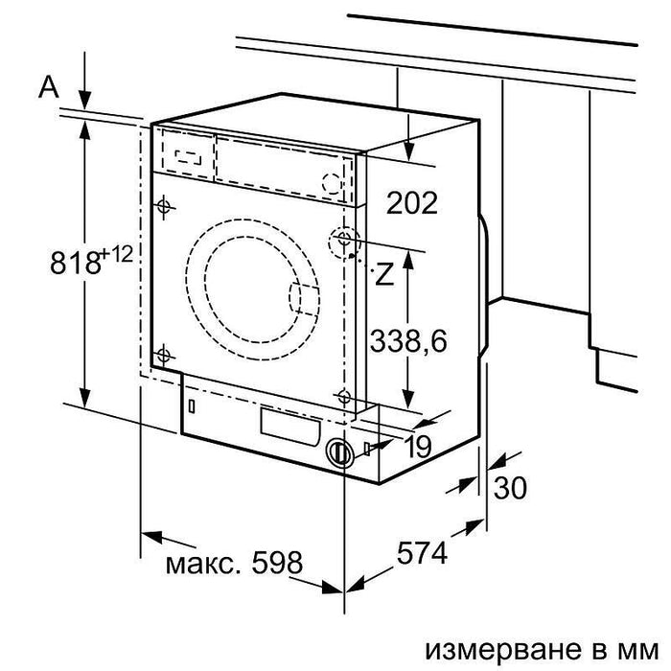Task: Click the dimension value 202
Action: click(413, 202)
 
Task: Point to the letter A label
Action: click(49, 88)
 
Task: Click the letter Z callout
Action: click(383, 275)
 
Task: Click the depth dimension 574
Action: click(423, 554)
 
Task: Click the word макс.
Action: click(193, 562)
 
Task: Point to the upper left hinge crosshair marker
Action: click(163, 206)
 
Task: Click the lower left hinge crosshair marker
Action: click(163, 356)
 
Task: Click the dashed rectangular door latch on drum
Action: click(303, 300)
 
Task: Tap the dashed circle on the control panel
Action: click(331, 182)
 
